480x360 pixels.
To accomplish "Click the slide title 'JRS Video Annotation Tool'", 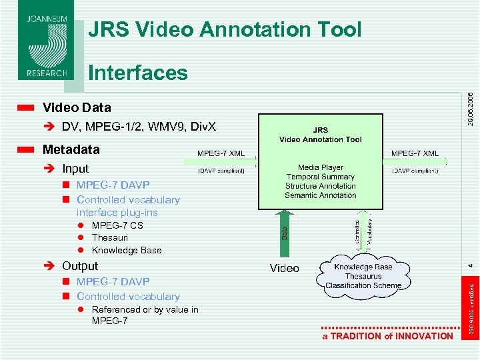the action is coord(225,29).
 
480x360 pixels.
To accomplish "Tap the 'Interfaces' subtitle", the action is coord(138,72).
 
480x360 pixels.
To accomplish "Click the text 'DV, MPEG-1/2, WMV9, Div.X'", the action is coord(139,127).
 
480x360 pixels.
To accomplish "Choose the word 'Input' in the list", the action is coord(75,169).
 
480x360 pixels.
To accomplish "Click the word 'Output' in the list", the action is coord(80,266).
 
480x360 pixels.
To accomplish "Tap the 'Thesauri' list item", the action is coord(110,237).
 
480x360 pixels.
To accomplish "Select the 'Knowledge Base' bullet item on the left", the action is coord(127,250).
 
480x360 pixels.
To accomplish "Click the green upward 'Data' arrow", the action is coord(285,233).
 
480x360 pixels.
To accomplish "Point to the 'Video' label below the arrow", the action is coord(285,268).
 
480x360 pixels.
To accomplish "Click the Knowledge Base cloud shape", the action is coord(363,275).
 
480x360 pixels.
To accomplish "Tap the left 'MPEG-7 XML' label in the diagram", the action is coord(221,153).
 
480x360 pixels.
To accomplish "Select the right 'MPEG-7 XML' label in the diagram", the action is coord(415,153).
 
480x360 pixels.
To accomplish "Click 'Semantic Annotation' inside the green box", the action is coord(321,195).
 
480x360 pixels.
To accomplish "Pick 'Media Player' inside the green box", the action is coord(321,167).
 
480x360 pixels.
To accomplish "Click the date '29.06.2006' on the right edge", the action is coord(471,109).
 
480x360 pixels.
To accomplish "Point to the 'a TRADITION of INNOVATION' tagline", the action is coord(387,336).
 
